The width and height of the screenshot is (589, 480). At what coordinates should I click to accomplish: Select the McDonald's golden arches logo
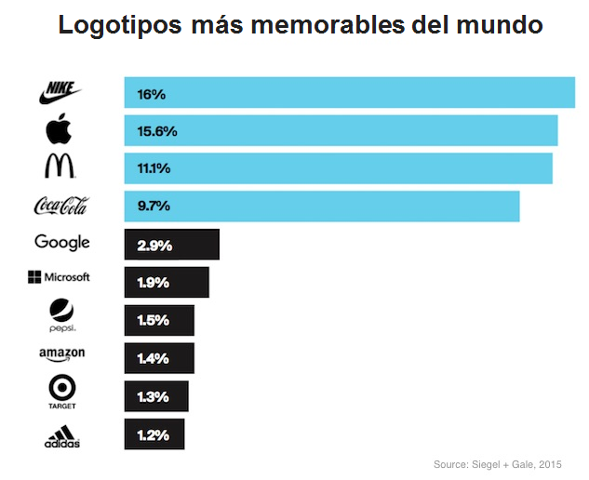pos(60,167)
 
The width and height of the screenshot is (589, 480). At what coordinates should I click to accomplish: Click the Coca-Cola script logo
pos(60,205)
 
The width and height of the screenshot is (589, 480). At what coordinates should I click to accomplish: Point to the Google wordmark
pos(62,242)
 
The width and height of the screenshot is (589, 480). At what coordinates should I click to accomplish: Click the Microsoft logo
pos(59,277)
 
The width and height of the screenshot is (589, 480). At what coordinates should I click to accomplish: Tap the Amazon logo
pos(62,354)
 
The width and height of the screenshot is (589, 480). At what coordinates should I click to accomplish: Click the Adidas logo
pos(62,434)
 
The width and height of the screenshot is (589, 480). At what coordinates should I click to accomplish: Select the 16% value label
pos(151,94)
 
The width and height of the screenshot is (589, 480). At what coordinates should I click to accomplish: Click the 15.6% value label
pos(156,131)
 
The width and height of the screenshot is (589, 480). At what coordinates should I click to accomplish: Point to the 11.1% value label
pos(154,168)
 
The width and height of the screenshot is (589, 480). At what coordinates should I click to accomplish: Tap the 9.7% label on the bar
pos(154,206)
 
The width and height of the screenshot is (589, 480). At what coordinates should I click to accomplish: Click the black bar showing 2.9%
pos(172,246)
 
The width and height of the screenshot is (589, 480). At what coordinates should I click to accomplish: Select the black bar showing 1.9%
pos(167,283)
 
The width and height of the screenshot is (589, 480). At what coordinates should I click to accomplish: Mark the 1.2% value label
pos(153,434)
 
